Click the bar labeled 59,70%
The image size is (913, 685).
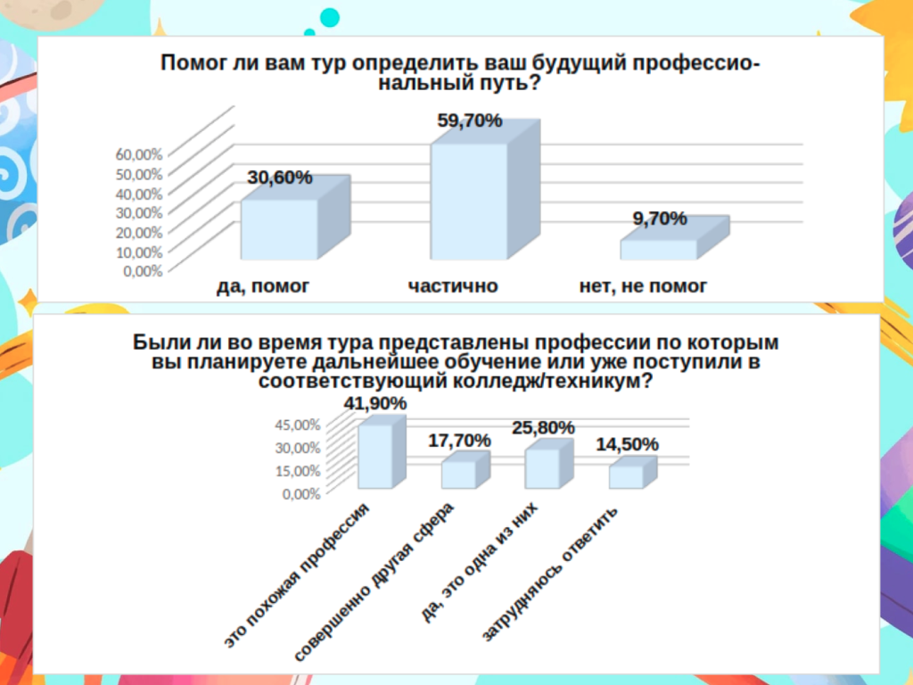coord(469,201)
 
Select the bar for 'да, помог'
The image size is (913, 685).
coord(279,229)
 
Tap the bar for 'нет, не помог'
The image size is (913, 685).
coord(658,250)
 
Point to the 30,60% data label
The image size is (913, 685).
coord(280,177)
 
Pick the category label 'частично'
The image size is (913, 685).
coord(453,286)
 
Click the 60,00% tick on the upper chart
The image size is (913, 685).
coord(139,153)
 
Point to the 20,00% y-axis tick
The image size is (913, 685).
coord(139,232)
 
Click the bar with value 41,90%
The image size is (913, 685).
coord(374,456)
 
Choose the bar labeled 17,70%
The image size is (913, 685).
coord(458,475)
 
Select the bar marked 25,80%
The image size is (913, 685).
coord(542,468)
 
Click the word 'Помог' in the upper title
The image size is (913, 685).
coord(191,63)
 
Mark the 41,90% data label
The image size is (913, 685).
coord(375,404)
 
